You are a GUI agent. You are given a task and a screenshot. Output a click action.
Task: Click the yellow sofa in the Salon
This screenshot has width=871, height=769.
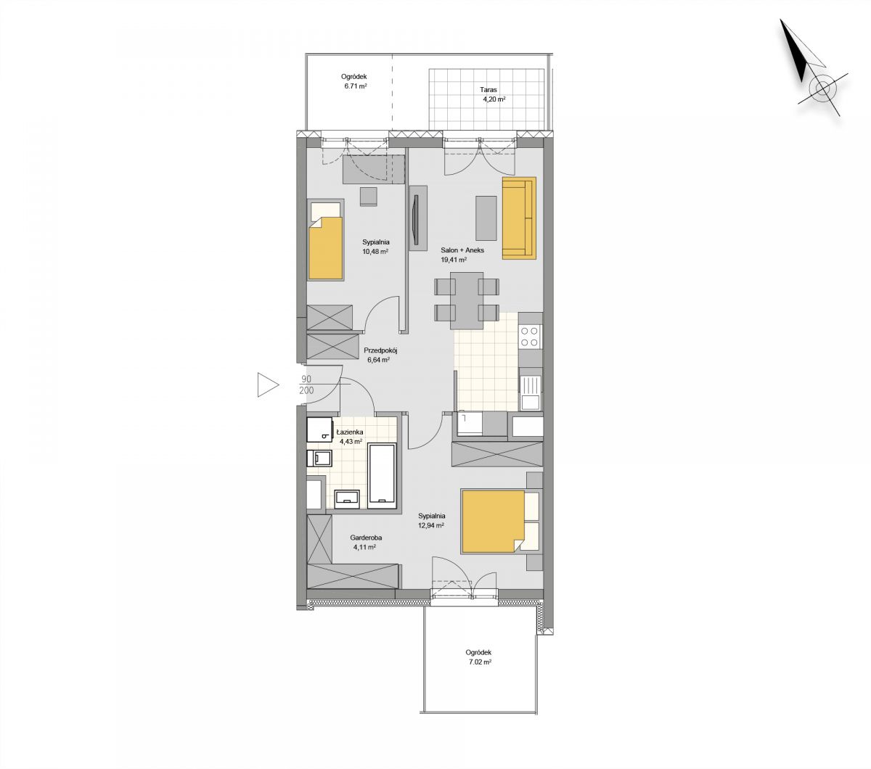coord(519,218)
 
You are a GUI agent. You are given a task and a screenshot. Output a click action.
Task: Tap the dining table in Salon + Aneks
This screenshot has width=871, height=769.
coord(467,300)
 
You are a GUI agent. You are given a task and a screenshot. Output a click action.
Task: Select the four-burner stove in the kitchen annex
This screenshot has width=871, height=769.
coord(529,337)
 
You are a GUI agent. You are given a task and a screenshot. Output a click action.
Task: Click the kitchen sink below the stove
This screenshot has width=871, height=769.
coord(530,392)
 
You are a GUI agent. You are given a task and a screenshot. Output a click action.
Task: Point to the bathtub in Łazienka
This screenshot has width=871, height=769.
coord(383,476)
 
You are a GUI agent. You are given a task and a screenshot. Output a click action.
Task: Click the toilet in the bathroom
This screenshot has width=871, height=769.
coord(319,458)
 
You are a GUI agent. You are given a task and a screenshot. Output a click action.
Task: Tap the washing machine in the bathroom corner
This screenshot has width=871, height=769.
coord(319,429)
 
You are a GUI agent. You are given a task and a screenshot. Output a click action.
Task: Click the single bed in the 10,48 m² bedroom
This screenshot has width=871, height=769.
coord(325,240)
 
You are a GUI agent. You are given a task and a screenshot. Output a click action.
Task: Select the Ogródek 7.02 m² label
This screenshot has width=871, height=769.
coord(478,657)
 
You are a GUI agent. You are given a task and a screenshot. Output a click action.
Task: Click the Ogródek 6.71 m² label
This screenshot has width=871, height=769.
coord(353,81)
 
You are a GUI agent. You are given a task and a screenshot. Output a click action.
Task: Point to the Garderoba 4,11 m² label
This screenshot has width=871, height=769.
coord(365,542)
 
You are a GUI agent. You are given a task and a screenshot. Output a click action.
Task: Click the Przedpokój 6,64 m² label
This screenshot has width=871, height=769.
coord(377,355)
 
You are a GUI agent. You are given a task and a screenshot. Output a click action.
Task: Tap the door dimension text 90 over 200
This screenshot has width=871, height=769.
coord(307,384)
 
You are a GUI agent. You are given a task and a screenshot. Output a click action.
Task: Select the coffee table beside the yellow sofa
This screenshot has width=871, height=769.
coord(486,218)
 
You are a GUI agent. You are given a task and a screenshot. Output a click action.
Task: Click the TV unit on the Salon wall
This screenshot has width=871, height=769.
coord(418,218)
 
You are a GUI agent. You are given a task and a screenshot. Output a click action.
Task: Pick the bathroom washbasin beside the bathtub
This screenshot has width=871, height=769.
coord(348,498)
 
